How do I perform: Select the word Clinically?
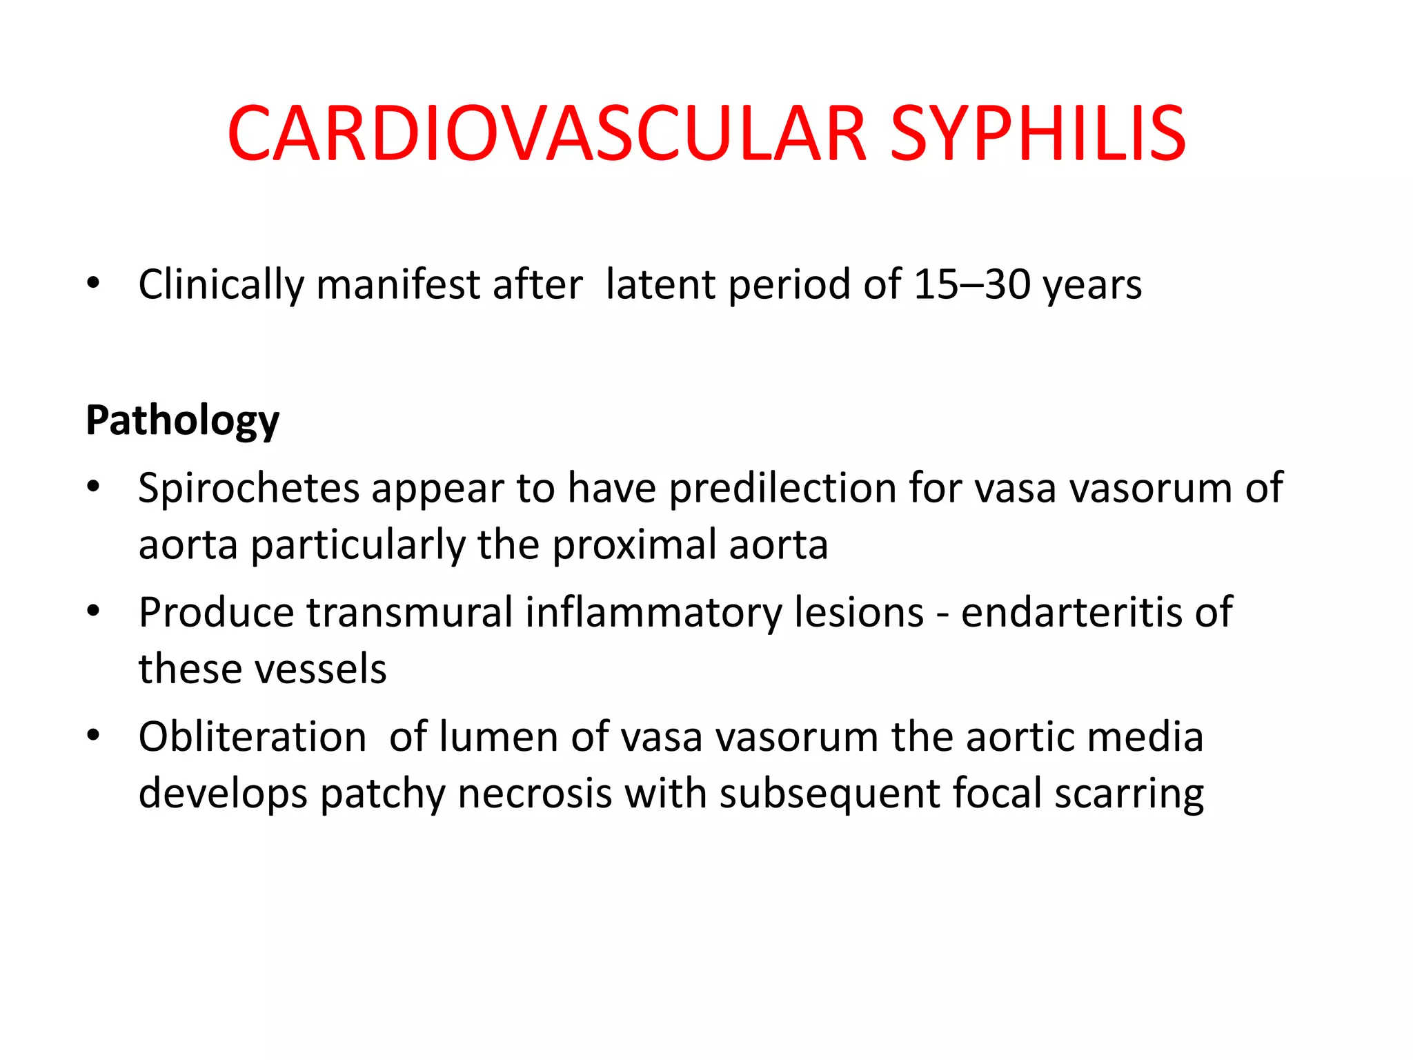(x=221, y=284)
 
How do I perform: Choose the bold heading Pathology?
(x=182, y=420)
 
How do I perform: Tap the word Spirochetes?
(x=248, y=488)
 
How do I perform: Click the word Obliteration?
(x=253, y=736)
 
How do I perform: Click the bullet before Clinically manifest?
(x=94, y=283)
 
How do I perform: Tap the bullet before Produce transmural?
(x=94, y=611)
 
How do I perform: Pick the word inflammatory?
(x=653, y=612)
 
